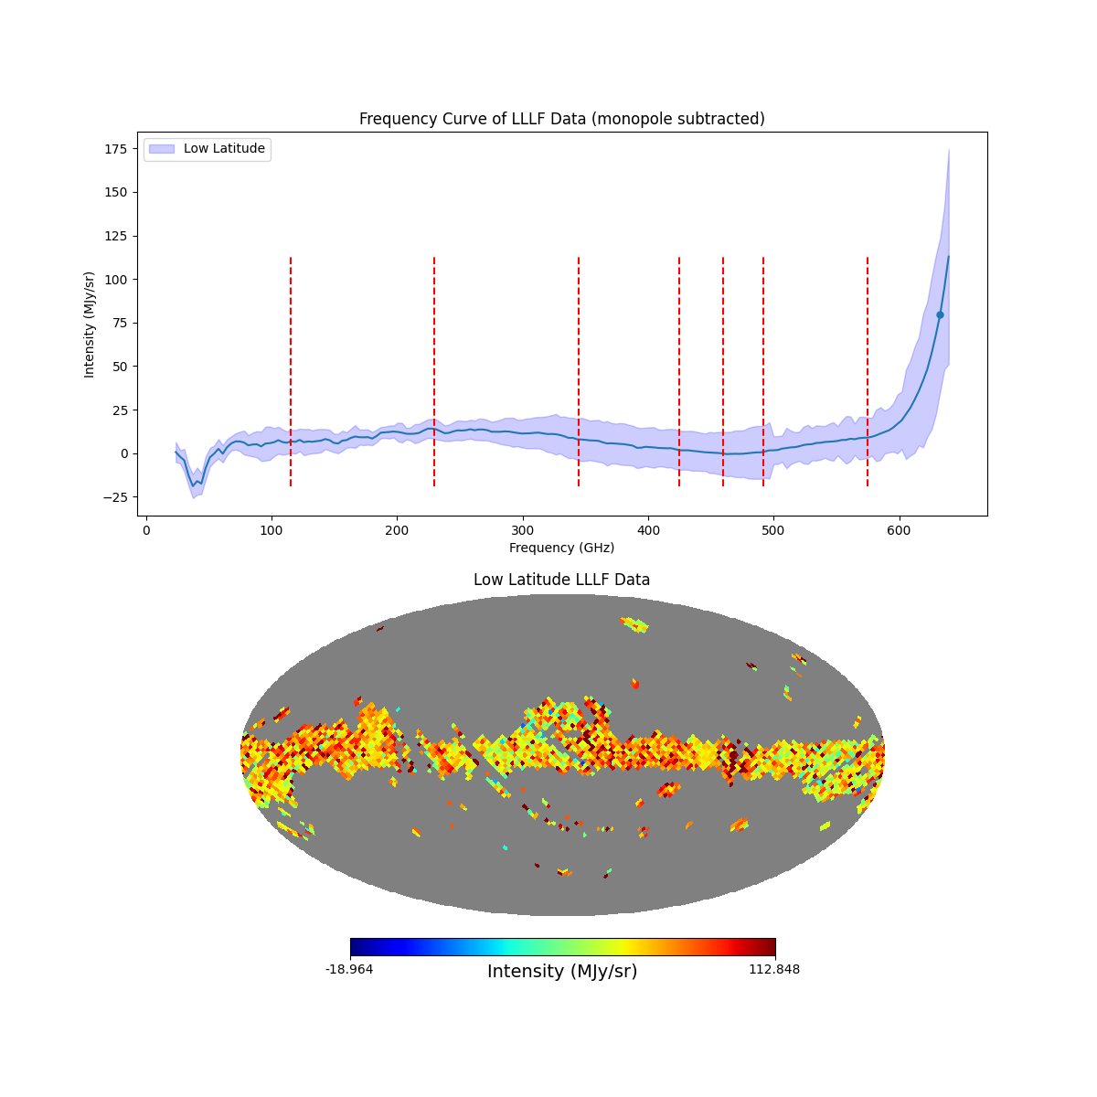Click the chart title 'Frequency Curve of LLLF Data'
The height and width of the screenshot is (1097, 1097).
click(561, 119)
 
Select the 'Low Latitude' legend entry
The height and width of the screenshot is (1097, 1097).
click(224, 149)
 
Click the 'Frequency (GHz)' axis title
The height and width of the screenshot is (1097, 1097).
click(561, 548)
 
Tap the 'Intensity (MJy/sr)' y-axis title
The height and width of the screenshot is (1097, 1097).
click(90, 324)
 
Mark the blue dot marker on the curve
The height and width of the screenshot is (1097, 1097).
click(940, 314)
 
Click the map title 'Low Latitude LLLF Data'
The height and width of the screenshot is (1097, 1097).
click(561, 580)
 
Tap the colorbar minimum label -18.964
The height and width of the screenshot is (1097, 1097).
click(349, 969)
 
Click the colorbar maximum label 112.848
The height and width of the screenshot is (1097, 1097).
click(774, 969)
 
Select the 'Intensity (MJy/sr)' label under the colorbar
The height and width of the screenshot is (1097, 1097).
click(562, 972)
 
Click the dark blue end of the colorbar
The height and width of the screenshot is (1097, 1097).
click(356, 947)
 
